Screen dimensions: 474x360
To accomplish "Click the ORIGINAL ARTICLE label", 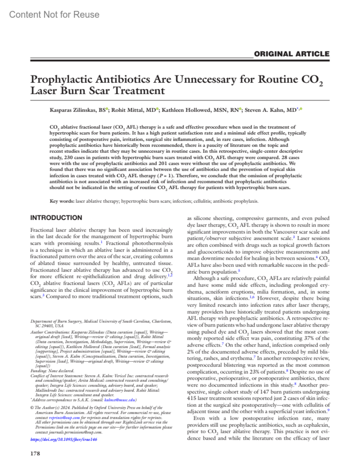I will click(x=292, y=54).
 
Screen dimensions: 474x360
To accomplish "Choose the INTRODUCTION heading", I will click(x=56, y=218).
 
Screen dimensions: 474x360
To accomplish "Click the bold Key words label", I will click(x=62, y=201).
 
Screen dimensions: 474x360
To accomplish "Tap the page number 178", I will click(x=35, y=453).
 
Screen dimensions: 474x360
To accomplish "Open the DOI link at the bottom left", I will click(x=64, y=439).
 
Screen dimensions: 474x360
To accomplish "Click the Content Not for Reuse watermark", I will click(x=54, y=14).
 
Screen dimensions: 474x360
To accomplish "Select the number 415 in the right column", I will click(x=192, y=398).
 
